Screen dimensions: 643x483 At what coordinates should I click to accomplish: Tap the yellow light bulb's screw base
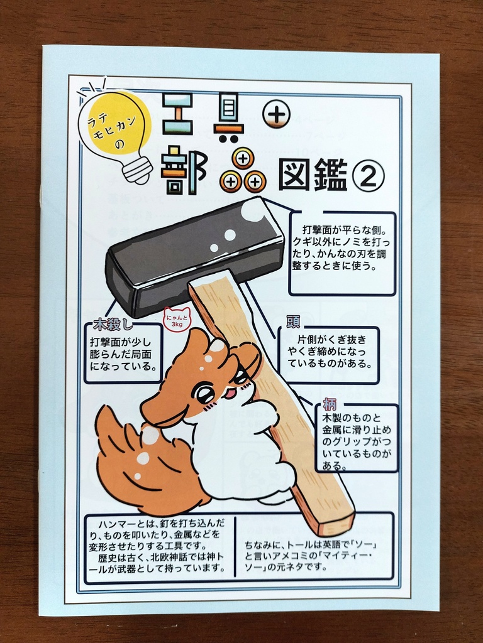tap(136, 169)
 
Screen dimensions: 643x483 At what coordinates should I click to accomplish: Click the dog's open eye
tap(203, 394)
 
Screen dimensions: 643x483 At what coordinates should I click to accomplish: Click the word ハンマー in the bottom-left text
tap(116, 523)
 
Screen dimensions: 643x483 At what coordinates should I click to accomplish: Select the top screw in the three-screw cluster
tap(243, 159)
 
